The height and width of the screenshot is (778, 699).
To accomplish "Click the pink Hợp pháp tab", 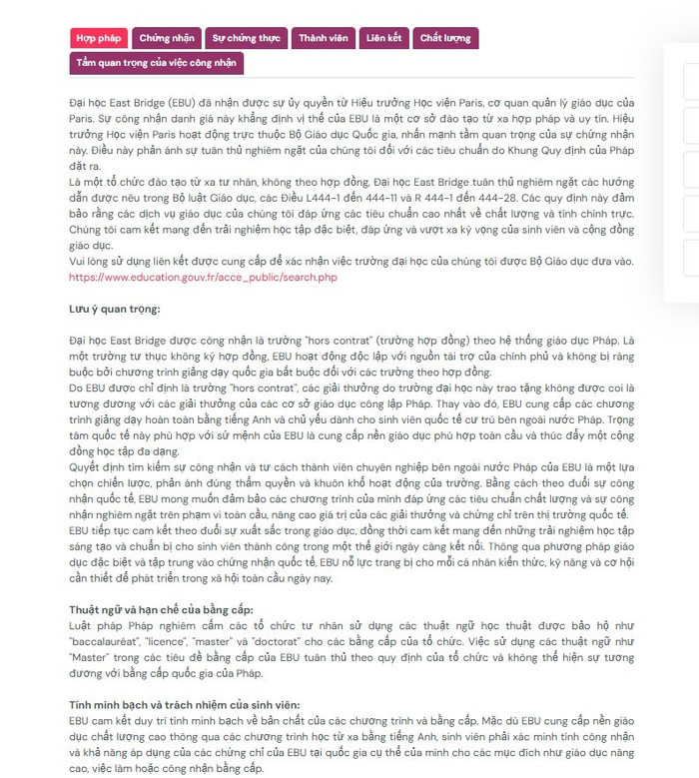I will (99, 38).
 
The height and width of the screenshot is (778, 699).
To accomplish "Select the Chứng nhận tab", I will (167, 38).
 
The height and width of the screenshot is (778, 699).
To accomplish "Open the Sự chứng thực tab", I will (245, 38).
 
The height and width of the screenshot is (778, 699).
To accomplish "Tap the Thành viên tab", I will (323, 38).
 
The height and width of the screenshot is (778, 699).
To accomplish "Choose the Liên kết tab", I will (383, 38).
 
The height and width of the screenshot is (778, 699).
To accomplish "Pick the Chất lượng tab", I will (445, 38).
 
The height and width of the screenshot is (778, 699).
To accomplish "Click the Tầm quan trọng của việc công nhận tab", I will (156, 63).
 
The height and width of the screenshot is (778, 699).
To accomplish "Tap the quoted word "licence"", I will (172, 638).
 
